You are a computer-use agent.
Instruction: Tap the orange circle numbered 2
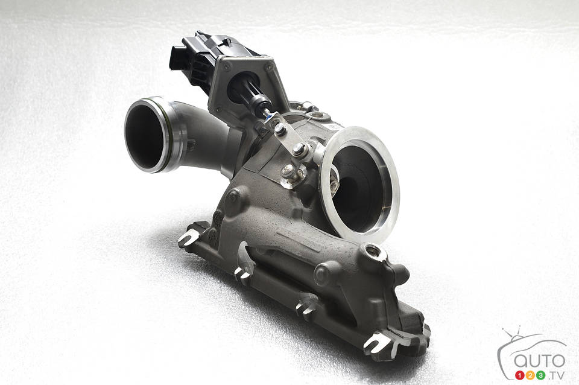[x=531, y=375]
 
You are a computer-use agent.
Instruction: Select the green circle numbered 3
[x=541, y=375]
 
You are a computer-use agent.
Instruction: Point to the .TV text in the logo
[x=556, y=376]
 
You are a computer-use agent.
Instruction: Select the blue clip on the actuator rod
[x=269, y=116]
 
